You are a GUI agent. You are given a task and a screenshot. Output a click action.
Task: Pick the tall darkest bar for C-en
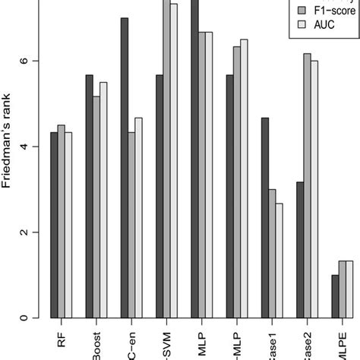[125, 167]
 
